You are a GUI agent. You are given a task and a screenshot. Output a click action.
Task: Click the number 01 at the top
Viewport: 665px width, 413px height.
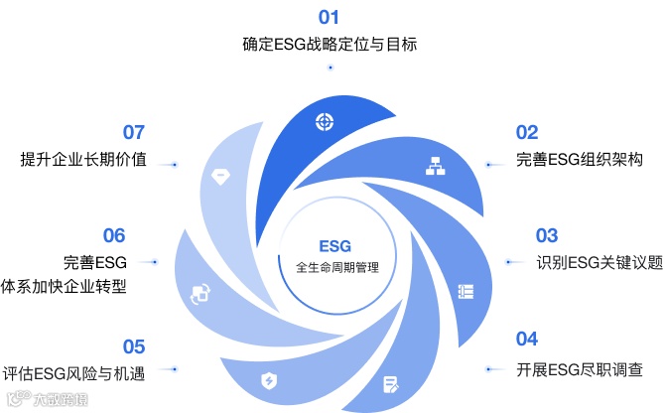pos(329,17)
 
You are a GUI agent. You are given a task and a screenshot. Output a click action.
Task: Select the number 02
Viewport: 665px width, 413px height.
pos(526,132)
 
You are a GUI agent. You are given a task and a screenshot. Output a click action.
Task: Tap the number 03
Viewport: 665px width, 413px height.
pos(547,235)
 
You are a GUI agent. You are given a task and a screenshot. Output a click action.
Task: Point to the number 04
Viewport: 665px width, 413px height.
pos(526,338)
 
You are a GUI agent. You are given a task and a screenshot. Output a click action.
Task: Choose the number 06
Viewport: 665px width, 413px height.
pos(114,235)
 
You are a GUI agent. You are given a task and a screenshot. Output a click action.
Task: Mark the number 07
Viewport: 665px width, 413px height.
pos(134,132)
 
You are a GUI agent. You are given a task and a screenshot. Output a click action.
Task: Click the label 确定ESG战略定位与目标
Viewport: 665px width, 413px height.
pos(330,45)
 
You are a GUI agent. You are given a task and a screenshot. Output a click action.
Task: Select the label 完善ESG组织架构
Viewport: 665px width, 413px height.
pos(567,160)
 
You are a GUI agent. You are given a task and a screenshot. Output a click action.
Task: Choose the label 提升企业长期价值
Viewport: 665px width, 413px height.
pos(83,160)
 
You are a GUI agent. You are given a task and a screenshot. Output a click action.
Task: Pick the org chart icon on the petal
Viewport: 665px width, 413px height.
pos(434,166)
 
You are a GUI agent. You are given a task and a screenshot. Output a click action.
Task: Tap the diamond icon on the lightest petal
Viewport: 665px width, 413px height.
pos(219,175)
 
